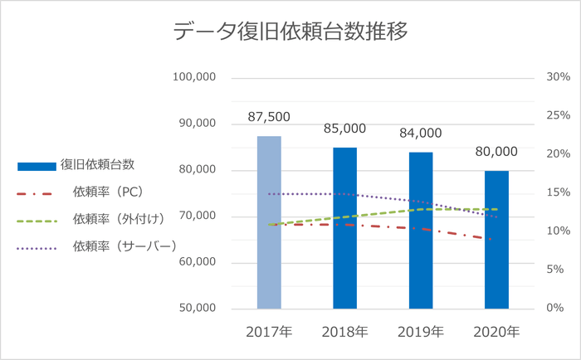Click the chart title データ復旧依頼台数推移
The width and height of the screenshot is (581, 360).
pyautogui.click(x=290, y=32)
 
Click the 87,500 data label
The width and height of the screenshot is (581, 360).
pyautogui.click(x=269, y=118)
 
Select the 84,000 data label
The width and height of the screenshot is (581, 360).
pyautogui.click(x=420, y=134)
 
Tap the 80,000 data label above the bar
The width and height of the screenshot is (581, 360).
pyautogui.click(x=496, y=152)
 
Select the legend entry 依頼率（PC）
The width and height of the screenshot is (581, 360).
pyautogui.click(x=108, y=192)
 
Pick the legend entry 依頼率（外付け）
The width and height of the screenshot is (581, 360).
pyautogui.click(x=117, y=220)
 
